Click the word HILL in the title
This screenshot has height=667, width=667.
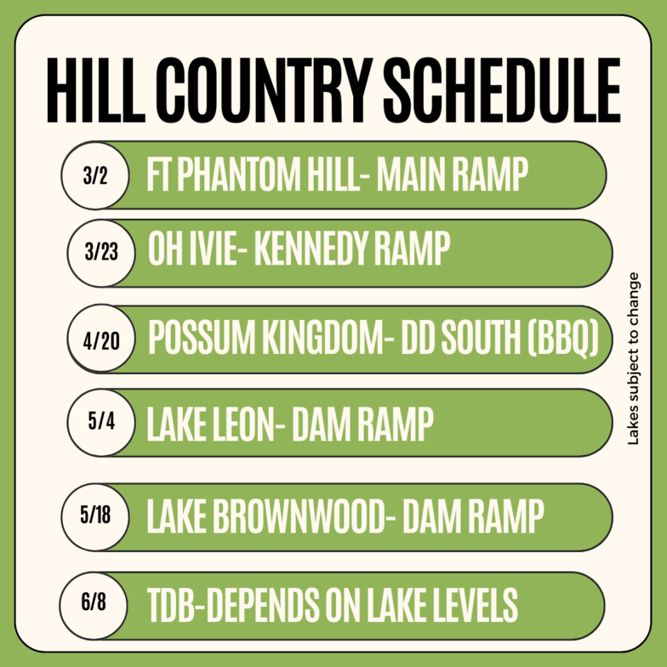coord(96,90)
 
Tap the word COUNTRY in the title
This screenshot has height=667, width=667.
coord(264,90)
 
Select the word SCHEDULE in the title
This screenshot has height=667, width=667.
coord(502,90)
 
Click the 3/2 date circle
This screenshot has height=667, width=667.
coord(95,175)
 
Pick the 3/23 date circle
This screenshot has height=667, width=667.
coord(101,254)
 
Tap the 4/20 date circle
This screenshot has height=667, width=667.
coord(101,339)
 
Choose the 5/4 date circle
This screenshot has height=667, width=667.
coord(101,422)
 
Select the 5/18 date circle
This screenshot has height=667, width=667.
coord(95,517)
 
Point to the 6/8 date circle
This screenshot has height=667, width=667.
coord(94,606)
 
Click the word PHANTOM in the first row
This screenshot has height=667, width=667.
coord(238,174)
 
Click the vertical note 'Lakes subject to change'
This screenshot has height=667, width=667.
coord(633,359)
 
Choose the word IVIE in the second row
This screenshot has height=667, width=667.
coord(211,248)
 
